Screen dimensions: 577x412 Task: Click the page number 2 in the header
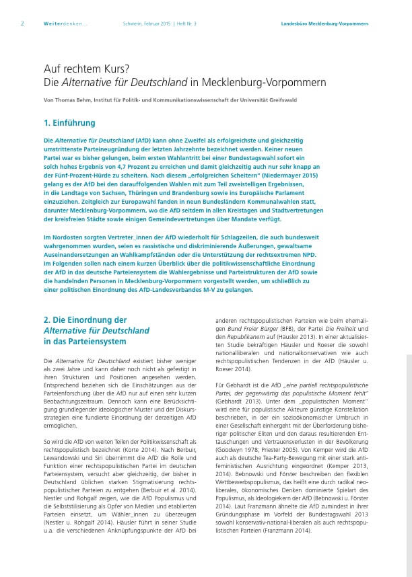click(23, 24)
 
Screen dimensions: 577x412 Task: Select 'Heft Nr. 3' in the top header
click(193, 24)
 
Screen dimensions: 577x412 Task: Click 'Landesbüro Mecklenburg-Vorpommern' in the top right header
click(324, 24)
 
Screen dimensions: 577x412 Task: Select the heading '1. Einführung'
click(69, 123)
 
